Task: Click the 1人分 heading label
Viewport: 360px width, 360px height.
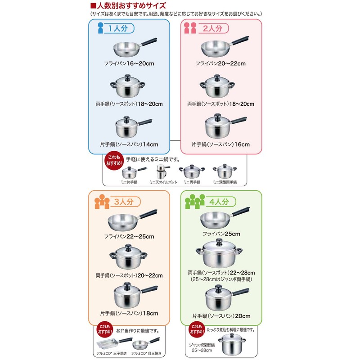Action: click(x=118, y=28)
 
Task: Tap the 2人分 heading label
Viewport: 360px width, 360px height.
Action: click(x=213, y=28)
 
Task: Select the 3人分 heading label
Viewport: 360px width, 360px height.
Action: click(x=124, y=202)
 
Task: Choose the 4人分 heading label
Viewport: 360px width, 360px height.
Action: click(x=219, y=202)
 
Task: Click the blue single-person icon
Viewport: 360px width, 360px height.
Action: click(x=100, y=28)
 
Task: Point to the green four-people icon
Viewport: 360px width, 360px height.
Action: click(x=195, y=202)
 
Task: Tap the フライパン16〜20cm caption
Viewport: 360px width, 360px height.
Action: click(x=129, y=63)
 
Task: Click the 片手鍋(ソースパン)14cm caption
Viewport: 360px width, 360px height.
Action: click(x=129, y=144)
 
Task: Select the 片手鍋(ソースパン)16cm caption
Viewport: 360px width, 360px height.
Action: click(x=220, y=144)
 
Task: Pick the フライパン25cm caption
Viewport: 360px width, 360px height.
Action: click(x=221, y=234)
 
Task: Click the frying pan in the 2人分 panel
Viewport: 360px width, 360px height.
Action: click(x=225, y=47)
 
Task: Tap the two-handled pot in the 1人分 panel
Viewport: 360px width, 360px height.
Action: click(x=128, y=86)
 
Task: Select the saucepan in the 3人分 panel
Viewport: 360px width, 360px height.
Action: click(x=136, y=295)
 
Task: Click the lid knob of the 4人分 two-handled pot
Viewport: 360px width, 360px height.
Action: click(x=219, y=241)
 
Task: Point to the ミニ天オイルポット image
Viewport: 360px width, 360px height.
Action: click(x=162, y=171)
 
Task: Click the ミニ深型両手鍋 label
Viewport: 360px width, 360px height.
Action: click(x=225, y=182)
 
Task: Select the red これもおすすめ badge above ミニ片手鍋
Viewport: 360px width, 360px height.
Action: click(x=114, y=161)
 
